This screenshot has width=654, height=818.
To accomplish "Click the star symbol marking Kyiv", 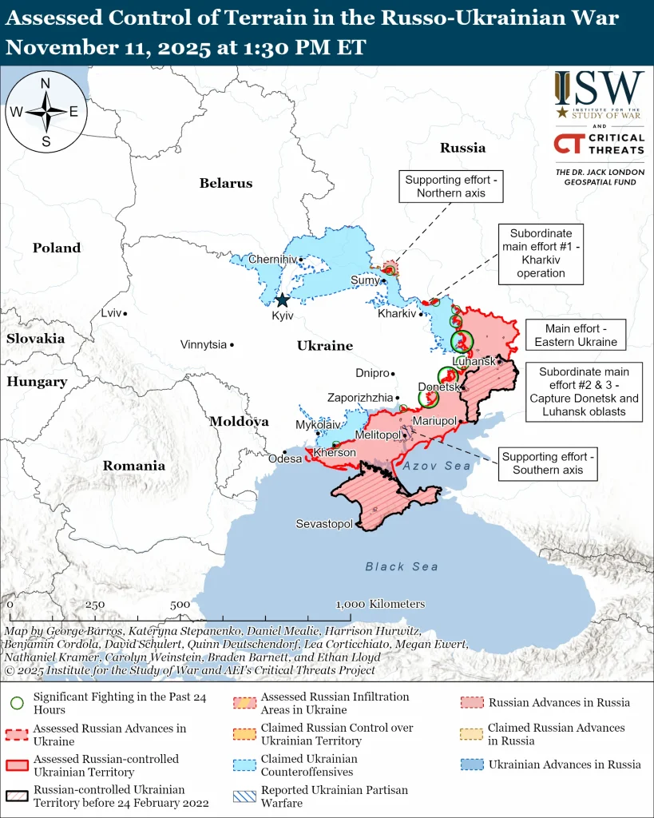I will tap(282, 300).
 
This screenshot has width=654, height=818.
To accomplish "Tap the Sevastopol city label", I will tap(324, 524).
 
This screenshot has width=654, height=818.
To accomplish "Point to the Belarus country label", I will tap(226, 183).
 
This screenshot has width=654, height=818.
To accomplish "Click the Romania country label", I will tap(133, 466).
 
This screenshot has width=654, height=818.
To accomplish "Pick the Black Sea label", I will tap(402, 566).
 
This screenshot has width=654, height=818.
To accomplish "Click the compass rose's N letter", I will tap(46, 84).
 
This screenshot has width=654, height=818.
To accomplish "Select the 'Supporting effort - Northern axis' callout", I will tap(451, 187).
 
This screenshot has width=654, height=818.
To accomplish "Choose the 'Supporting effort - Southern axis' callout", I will tap(548, 463).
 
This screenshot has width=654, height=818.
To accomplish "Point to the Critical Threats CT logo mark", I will tap(568, 144).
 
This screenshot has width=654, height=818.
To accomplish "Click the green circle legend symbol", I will tap(17, 703).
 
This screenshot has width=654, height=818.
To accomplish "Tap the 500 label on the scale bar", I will tap(180, 605).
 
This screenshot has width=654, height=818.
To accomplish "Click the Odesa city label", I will tap(285, 459).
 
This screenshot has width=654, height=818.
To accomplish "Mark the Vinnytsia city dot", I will tap(232, 345).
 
